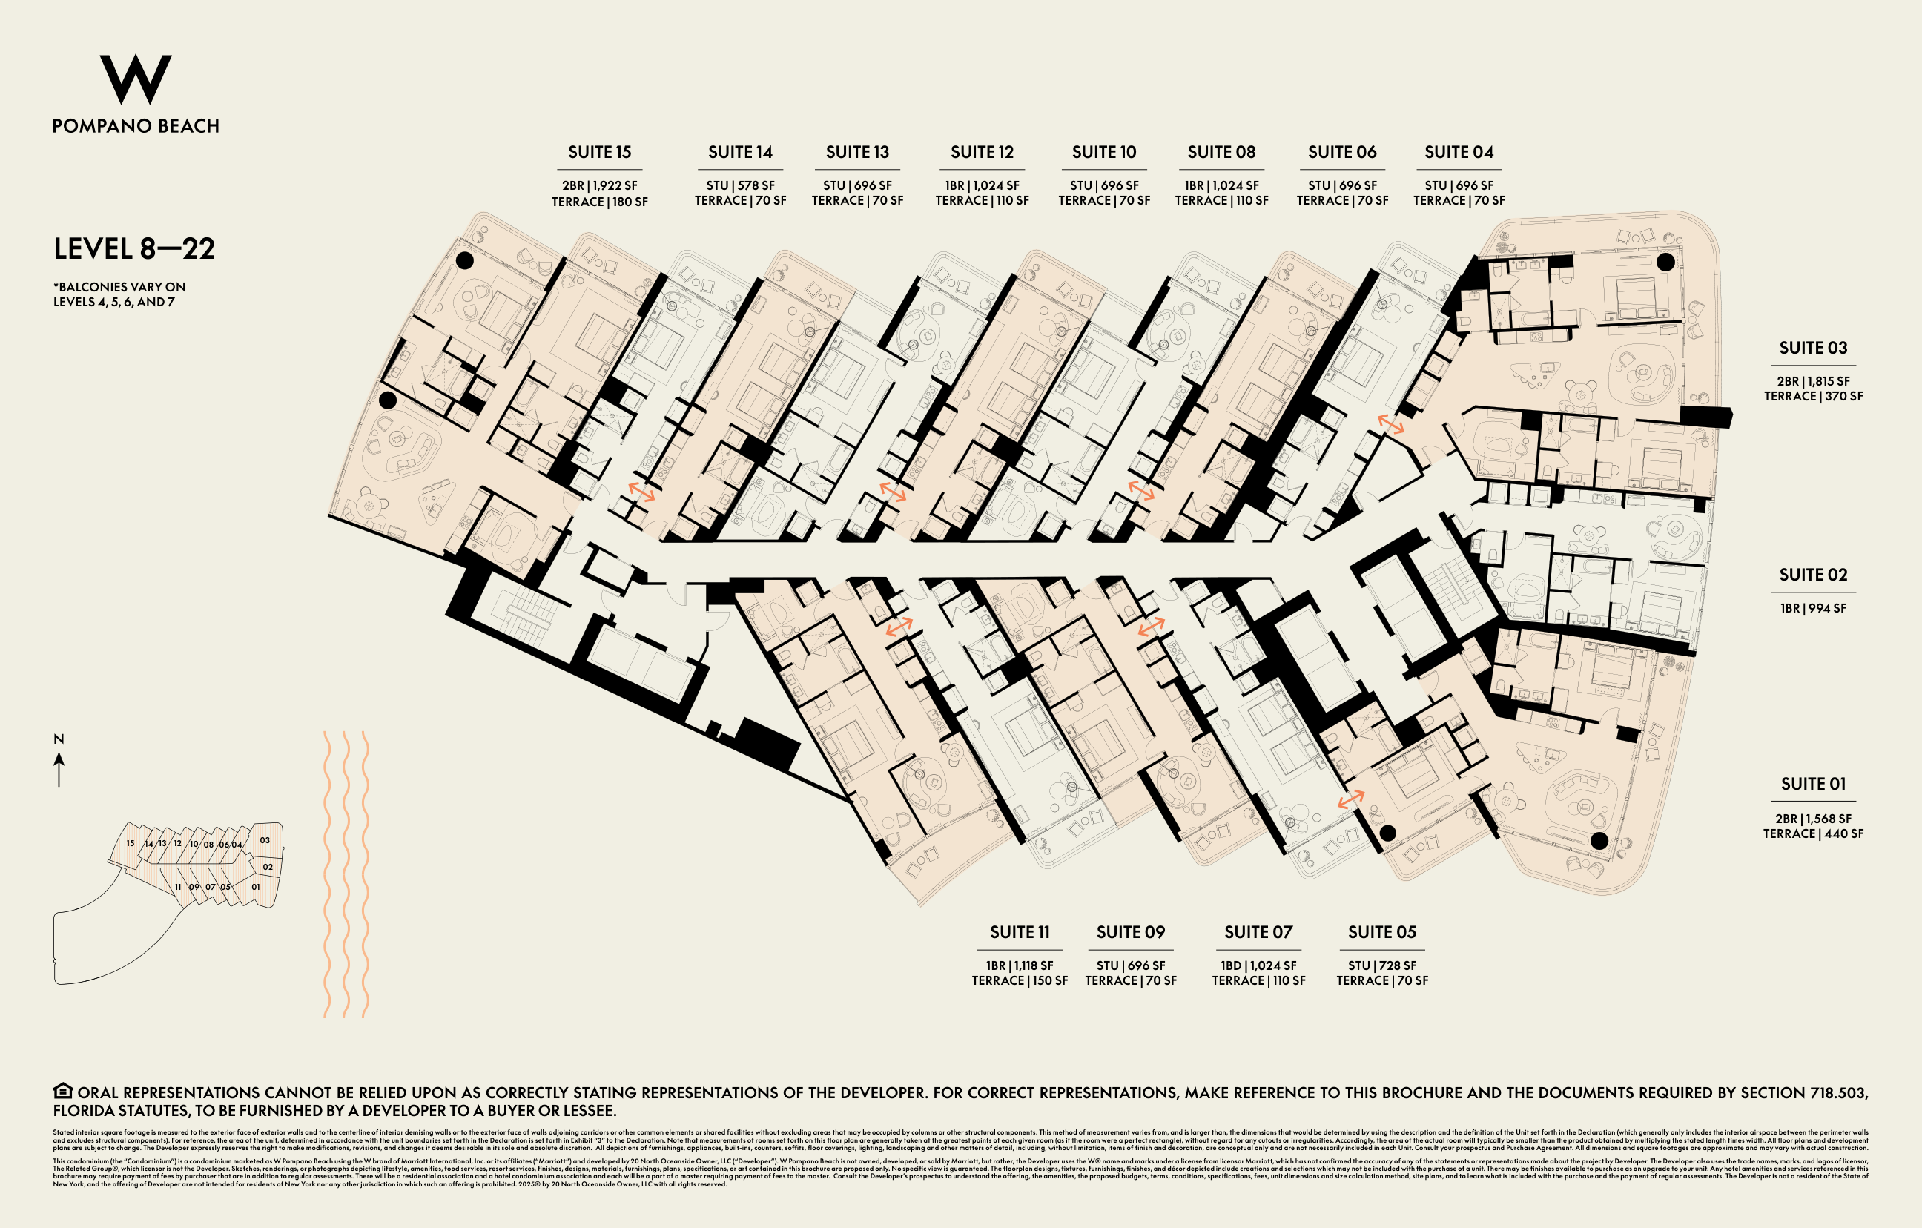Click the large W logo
pyautogui.click(x=135, y=79)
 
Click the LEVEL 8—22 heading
pyautogui.click(x=134, y=249)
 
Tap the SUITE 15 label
pyautogui.click(x=599, y=152)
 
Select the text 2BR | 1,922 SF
pyautogui.click(x=599, y=185)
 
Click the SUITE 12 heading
pyautogui.click(x=982, y=152)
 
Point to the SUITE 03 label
pyautogui.click(x=1813, y=348)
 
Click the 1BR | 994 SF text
pyautogui.click(x=1813, y=608)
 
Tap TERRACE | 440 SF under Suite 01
pyautogui.click(x=1813, y=833)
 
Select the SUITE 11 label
pyautogui.click(x=1020, y=932)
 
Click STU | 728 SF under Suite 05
pyautogui.click(x=1381, y=965)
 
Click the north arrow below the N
pyautogui.click(x=59, y=770)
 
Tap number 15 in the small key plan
pyautogui.click(x=130, y=843)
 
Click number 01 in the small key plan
pyautogui.click(x=255, y=887)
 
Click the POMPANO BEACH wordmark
pyautogui.click(x=136, y=126)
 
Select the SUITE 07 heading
pyautogui.click(x=1258, y=932)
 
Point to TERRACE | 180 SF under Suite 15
pyautogui.click(x=599, y=202)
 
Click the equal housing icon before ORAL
pyautogui.click(x=63, y=1091)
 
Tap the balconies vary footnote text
pyautogui.click(x=119, y=294)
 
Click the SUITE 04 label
pyautogui.click(x=1459, y=152)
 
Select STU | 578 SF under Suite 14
pyautogui.click(x=740, y=185)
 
